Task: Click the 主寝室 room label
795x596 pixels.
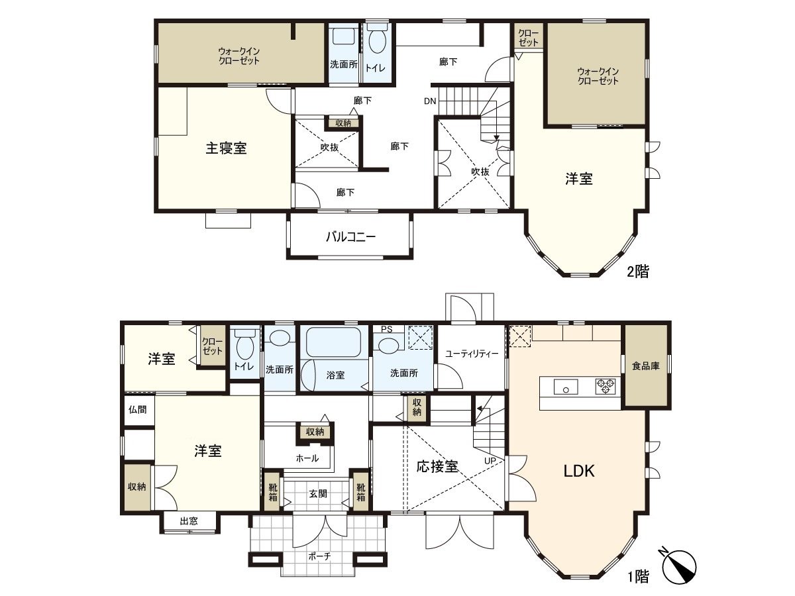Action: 226,148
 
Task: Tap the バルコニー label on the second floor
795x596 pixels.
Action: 350,236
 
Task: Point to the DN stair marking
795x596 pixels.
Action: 430,101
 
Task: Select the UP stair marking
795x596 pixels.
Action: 491,460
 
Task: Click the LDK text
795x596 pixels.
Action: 578,472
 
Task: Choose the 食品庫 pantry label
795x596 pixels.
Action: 645,366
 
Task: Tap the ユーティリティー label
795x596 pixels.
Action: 472,354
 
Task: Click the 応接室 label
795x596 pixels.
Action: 437,466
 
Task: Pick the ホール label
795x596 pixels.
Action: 307,458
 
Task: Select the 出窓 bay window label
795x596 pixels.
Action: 189,521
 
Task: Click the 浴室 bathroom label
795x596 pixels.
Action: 335,375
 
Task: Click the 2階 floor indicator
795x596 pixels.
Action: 637,271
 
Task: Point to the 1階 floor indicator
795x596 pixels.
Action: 637,577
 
